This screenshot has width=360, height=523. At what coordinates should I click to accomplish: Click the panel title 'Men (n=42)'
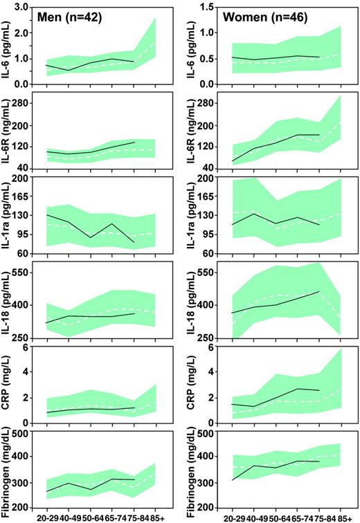[72, 17]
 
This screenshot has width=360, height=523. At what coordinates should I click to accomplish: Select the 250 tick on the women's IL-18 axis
[208, 338]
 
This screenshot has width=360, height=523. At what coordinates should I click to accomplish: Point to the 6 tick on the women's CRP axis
[212, 347]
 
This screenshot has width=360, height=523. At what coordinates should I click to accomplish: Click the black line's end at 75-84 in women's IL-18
[319, 291]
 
